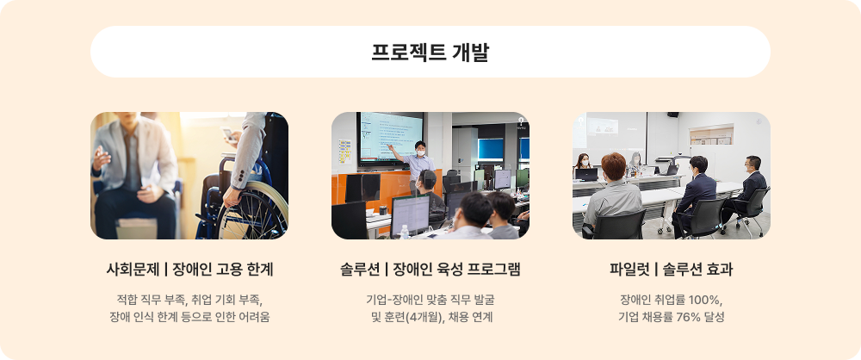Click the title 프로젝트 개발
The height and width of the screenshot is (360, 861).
[430, 52]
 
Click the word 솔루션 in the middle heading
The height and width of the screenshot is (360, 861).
[361, 270]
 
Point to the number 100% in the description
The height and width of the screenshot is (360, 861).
[703, 299]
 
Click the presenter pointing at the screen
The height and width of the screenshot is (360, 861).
[419, 158]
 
